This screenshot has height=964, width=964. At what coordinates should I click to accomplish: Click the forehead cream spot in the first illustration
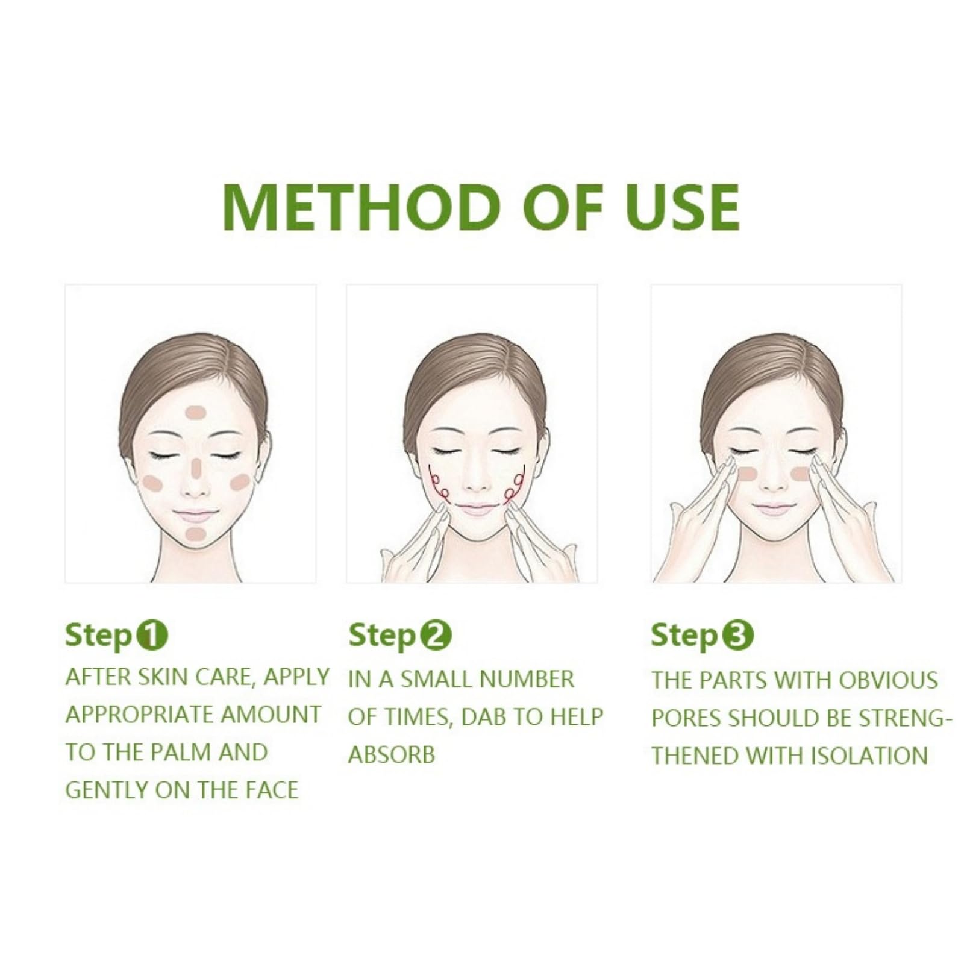tap(196, 413)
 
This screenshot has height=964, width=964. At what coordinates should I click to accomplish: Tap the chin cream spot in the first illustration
tap(195, 534)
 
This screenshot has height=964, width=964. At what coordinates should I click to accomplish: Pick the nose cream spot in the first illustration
tap(197, 466)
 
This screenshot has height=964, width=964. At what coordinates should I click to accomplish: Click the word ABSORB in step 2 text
tap(392, 755)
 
